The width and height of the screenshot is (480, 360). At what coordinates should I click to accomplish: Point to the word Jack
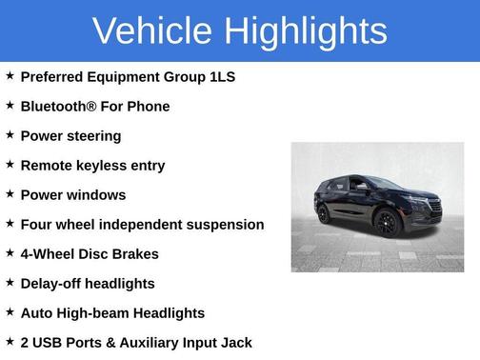235,343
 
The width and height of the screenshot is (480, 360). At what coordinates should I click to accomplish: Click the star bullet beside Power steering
10,135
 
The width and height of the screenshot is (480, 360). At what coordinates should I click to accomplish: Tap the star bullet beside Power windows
10,194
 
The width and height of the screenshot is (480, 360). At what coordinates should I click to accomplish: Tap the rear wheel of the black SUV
324,215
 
